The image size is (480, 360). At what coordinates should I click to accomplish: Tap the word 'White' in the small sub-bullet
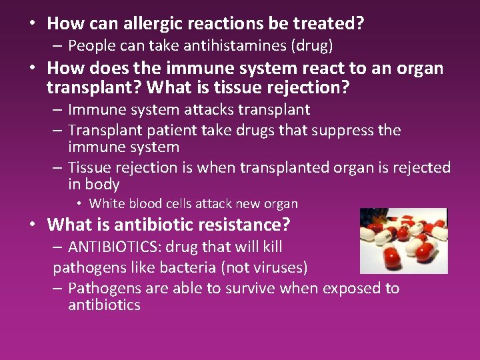106,203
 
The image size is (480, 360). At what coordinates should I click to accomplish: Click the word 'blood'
143,203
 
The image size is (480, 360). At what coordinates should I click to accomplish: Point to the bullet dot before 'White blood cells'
79,203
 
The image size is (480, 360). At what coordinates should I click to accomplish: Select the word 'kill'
270,247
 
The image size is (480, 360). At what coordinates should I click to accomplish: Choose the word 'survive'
249,289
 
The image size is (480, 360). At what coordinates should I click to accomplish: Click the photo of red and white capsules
403,241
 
